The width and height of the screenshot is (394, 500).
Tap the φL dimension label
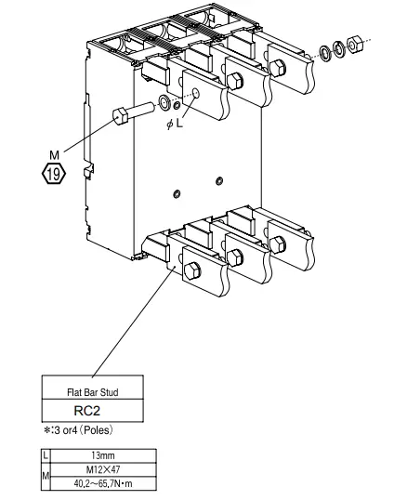[x=174, y=124]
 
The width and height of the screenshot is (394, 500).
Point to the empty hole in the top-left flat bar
[x=195, y=93]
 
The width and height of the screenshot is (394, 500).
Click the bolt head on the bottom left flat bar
[x=192, y=270]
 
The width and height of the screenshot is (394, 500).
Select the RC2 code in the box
[x=92, y=409]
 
